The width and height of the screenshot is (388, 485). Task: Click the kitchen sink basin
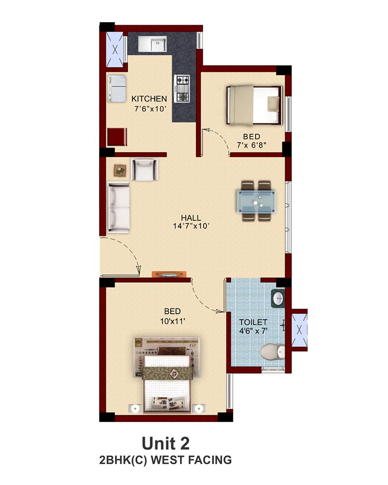[x=158, y=44]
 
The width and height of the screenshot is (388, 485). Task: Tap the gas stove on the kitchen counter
[x=181, y=88]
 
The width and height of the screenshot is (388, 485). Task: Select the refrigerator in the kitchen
[x=117, y=88]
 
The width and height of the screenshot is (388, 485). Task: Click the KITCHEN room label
[x=149, y=98]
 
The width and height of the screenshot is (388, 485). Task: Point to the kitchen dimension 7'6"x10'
[x=151, y=109]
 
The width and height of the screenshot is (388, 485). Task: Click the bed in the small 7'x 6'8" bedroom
[x=255, y=105]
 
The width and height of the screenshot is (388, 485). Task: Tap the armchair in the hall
[x=144, y=169]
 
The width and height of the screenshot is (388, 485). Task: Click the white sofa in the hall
[x=118, y=208]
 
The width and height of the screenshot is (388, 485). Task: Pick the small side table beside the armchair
[x=120, y=170]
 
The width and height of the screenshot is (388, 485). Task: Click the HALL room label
[x=191, y=218]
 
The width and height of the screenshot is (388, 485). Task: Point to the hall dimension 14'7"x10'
[x=191, y=226]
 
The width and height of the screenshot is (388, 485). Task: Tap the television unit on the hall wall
[x=169, y=275]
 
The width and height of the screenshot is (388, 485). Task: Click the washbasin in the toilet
[x=278, y=298]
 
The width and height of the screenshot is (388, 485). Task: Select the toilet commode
[x=272, y=352]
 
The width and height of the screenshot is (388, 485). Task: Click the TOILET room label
[x=253, y=323]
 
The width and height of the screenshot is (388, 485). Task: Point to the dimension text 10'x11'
[x=173, y=322]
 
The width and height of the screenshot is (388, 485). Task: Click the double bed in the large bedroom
[x=167, y=374]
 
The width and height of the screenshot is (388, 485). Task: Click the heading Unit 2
[x=165, y=444]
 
